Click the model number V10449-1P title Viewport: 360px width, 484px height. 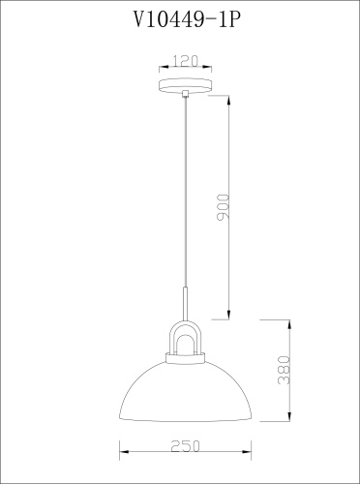(x=187, y=19)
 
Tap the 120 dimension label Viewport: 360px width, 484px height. (x=185, y=61)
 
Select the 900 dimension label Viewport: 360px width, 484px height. (x=224, y=207)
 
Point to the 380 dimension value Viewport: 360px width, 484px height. (x=284, y=370)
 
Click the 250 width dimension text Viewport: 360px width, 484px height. (x=185, y=446)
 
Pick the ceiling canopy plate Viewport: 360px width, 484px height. (x=186, y=85)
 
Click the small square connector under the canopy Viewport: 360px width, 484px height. (x=185, y=94)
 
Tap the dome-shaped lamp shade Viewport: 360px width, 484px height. (x=185, y=391)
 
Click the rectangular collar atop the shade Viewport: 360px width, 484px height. (x=185, y=357)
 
